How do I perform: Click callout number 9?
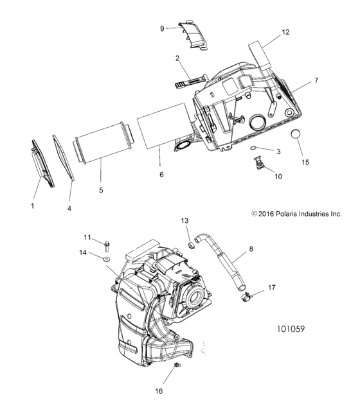[163, 28]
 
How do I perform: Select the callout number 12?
[285, 31]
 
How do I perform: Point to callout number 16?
[158, 390]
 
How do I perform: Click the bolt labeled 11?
[107, 245]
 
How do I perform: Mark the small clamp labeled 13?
[190, 245]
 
